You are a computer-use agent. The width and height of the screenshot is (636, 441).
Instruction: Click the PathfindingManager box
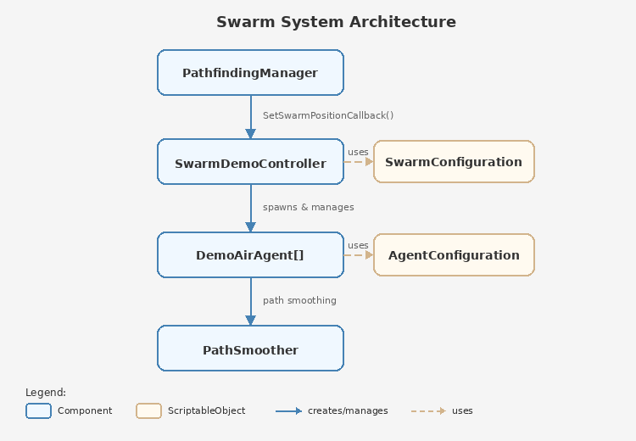click(x=250, y=72)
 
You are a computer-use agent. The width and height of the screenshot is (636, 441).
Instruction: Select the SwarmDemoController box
click(x=250, y=162)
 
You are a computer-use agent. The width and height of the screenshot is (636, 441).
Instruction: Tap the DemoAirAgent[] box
click(x=250, y=254)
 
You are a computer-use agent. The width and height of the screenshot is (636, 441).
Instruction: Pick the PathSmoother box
click(x=250, y=349)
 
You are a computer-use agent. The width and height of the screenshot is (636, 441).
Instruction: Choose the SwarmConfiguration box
click(x=454, y=161)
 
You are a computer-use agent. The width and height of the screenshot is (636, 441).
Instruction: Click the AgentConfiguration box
click(x=454, y=254)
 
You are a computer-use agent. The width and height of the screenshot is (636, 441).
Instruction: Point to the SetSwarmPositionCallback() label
click(x=328, y=115)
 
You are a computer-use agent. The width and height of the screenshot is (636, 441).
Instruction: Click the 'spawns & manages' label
click(x=308, y=207)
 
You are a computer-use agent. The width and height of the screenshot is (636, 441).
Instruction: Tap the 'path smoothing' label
click(x=299, y=300)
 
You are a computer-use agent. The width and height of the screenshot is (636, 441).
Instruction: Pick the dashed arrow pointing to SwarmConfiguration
click(x=359, y=161)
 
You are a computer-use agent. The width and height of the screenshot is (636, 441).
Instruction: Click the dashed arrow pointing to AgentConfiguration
click(x=359, y=254)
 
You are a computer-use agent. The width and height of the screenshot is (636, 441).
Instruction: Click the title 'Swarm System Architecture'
click(x=336, y=22)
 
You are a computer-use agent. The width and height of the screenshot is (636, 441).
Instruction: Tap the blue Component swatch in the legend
click(x=38, y=410)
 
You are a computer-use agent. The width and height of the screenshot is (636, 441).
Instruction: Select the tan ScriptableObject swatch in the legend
click(x=148, y=410)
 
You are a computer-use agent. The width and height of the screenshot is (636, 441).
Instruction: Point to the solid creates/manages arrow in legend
click(x=288, y=410)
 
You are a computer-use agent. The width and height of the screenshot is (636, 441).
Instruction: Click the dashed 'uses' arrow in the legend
click(x=428, y=410)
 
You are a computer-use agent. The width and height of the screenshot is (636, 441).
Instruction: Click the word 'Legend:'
click(x=46, y=393)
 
